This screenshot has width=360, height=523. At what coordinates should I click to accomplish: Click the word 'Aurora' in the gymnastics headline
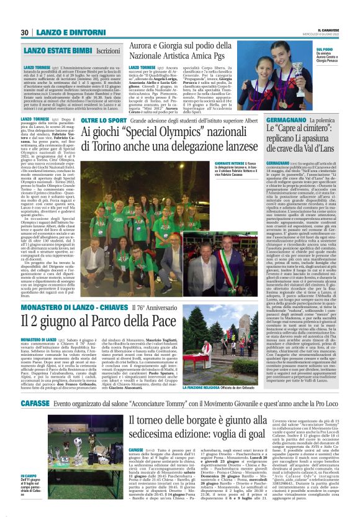click(x=143, y=47)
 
